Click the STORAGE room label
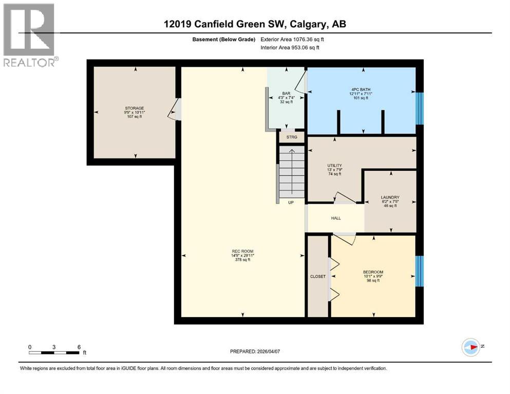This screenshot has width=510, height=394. (134, 108)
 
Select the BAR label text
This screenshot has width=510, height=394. (286, 93)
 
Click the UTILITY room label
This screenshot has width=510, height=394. (334, 165)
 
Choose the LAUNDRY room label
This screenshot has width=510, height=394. (390, 198)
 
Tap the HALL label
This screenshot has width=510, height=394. (335, 218)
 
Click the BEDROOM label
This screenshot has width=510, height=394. (373, 272)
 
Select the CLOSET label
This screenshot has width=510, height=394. (317, 277)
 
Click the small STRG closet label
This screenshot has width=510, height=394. (292, 137)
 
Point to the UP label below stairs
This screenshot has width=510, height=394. (291, 203)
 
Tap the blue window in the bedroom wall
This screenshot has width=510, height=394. (419, 272)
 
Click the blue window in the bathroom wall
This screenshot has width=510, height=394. (419, 108)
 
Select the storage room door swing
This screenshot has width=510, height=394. (175, 109)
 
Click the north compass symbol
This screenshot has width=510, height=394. (470, 347)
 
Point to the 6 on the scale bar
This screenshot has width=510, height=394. (79, 347)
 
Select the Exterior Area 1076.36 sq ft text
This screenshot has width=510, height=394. (293, 39)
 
